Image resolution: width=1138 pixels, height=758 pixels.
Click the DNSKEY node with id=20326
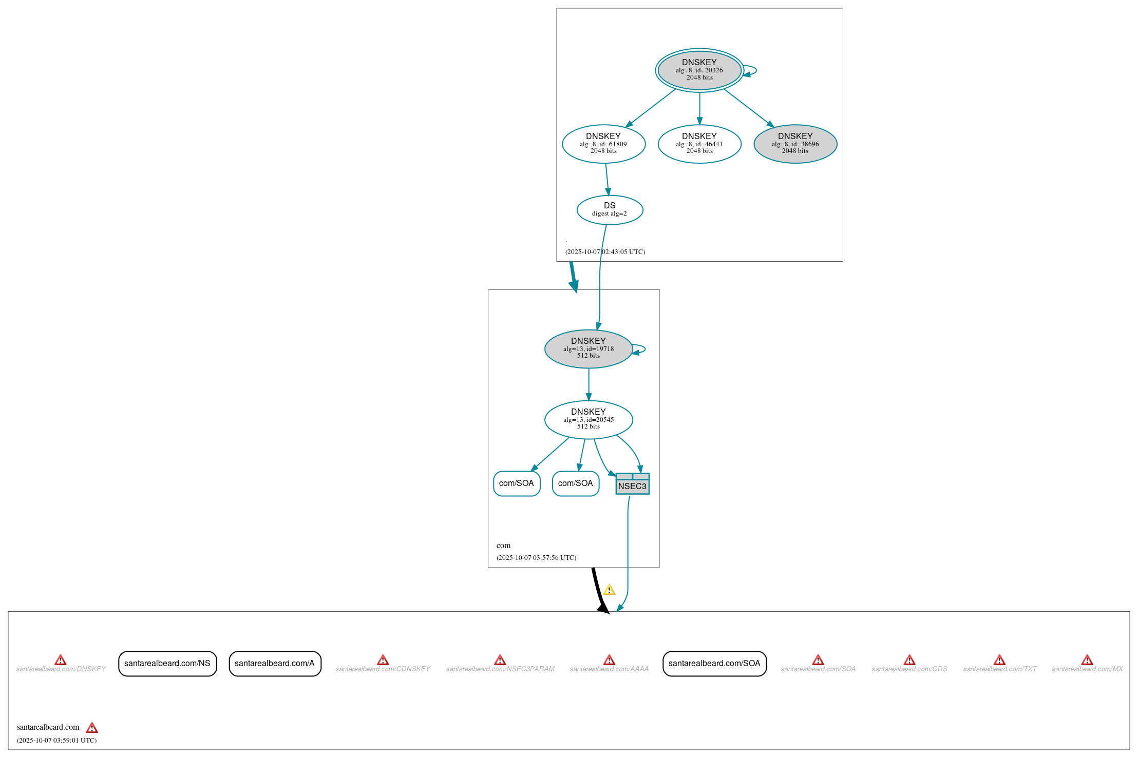coord(699,70)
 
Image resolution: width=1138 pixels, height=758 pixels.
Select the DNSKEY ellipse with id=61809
coord(603,144)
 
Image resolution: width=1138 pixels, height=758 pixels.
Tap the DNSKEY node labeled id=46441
coord(699,144)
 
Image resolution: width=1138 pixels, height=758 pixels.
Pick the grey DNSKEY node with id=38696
coord(795,144)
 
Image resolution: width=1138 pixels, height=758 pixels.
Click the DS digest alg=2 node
coord(610,209)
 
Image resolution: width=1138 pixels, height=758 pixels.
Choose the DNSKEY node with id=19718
coord(588,348)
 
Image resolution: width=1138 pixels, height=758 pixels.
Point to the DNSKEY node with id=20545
coord(588,419)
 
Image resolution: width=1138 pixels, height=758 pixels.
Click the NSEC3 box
coord(632,484)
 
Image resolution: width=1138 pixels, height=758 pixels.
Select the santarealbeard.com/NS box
coord(167,664)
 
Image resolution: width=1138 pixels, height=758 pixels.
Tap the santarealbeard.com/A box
coord(275,664)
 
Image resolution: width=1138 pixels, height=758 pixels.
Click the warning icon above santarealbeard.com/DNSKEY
coord(61,660)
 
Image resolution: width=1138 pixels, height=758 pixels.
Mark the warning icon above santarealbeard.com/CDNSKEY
coord(383,660)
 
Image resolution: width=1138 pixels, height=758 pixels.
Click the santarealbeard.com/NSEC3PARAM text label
coord(500,669)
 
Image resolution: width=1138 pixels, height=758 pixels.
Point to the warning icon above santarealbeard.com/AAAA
coord(609,660)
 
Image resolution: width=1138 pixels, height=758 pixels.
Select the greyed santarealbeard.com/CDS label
coord(909,669)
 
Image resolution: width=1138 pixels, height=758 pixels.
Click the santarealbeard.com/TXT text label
coord(999,669)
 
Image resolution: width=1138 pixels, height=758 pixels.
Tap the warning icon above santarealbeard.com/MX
coord(1087,660)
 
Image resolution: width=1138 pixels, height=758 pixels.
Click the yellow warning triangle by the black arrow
coord(609,590)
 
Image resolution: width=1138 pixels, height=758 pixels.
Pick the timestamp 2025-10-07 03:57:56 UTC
coord(536,558)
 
